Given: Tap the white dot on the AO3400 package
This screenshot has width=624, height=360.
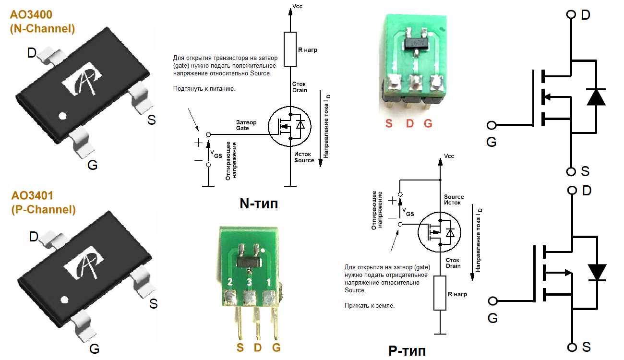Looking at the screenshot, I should coord(62,116).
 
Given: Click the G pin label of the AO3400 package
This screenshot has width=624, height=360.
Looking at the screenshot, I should coord(92,165).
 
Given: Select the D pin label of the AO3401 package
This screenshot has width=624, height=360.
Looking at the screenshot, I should coord(33,237).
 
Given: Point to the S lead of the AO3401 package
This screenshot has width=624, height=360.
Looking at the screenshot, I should coord(142,281).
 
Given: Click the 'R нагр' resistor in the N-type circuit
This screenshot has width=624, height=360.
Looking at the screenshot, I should coord(290,49).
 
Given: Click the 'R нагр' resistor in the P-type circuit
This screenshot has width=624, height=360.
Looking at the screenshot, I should coord(440,293).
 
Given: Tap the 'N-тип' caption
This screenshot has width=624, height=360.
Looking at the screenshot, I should coord(259,204).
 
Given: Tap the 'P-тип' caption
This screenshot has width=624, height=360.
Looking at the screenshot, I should coord(407,351).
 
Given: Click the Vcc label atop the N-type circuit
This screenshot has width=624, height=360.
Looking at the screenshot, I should coord(298,6).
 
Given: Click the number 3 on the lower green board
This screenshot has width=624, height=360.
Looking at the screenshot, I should coord(249,282).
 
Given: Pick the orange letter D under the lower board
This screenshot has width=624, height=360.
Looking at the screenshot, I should coord(258,348).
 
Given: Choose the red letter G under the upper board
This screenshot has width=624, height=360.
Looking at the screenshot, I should coord(428,123).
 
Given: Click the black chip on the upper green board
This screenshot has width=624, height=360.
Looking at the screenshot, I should coord(414,44).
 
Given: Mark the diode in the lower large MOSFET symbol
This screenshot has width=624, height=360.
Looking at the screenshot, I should coord(597,272).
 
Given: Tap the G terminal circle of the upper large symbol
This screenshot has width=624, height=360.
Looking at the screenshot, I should coord(492,125).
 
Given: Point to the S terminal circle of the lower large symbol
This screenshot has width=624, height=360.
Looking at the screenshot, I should coord(571,347).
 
